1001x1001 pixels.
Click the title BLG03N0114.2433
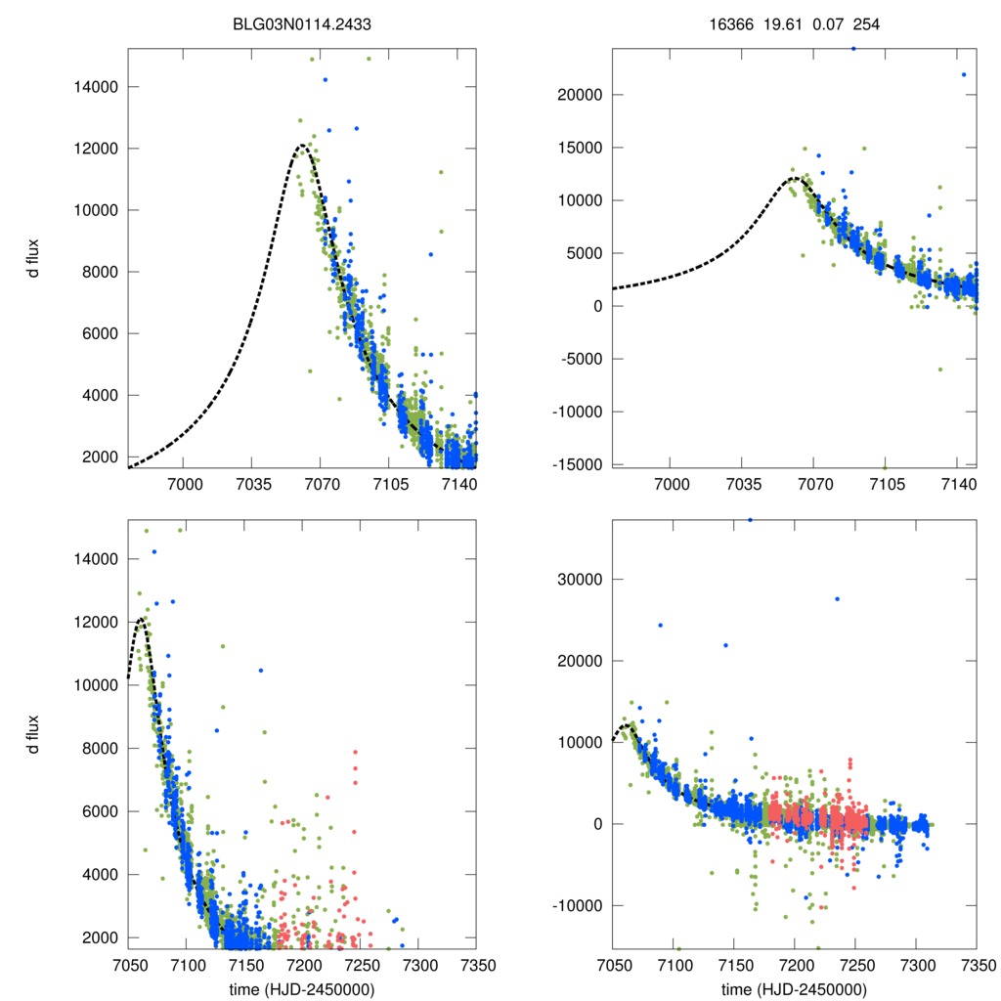click(302, 23)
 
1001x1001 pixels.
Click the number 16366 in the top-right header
click(730, 23)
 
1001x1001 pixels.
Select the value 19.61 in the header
click(782, 23)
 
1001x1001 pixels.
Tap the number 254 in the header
click(866, 23)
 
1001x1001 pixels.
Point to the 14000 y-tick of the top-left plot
click(95, 87)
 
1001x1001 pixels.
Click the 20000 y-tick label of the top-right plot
click(581, 95)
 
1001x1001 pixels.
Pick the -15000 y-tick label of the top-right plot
click(578, 463)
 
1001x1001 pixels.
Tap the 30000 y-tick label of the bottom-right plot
click(581, 579)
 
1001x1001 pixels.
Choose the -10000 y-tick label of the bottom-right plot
click(578, 905)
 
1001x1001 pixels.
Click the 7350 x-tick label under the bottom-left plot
click(476, 966)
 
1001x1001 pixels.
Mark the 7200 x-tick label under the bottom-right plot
click(794, 966)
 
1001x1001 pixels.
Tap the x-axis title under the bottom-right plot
click(794, 989)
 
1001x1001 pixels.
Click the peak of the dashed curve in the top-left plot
click(302, 146)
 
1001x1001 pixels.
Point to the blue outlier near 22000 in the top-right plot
click(964, 74)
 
